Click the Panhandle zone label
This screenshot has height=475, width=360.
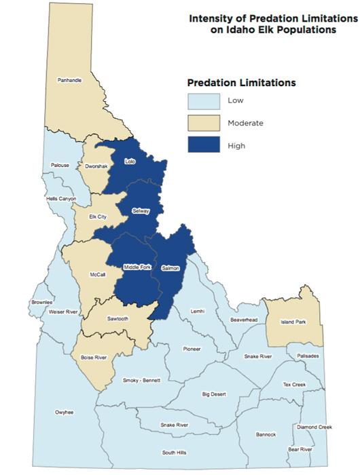pos(70,80)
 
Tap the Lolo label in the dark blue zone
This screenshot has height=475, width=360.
pos(130,161)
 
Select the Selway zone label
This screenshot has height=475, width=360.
pos(141,212)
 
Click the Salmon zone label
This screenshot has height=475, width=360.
pos(170,269)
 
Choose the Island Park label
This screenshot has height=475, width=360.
pos(293,322)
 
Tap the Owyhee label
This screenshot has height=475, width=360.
pos(65,413)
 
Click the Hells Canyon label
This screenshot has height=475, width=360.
pos(62,199)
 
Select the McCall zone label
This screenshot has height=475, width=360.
pos(97,275)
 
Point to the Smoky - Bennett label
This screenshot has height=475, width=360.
pos(141,381)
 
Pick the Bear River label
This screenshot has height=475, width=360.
pos(300,449)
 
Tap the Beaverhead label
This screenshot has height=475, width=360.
pos(243,319)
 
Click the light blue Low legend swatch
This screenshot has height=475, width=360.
pos(204,101)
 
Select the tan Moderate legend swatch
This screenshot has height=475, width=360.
pos(204,123)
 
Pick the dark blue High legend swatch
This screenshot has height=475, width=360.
pos(204,145)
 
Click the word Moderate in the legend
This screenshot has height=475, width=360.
pos(245,123)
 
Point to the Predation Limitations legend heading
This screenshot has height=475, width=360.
pos(241,83)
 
